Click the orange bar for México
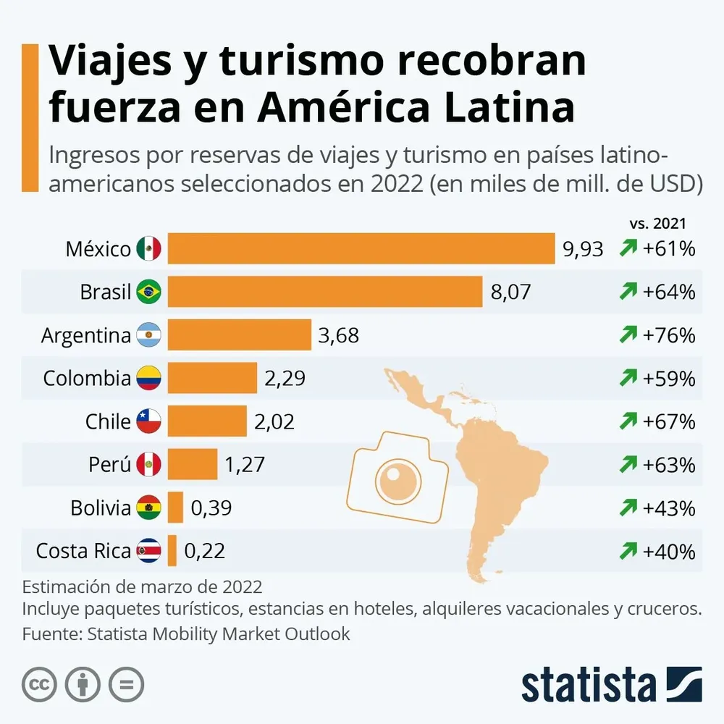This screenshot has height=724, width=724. tap(361, 249)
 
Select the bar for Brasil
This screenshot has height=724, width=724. tap(324, 292)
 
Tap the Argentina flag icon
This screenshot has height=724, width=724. tap(148, 335)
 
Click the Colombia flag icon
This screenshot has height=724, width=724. tap(148, 378)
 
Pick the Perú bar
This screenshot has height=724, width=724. tap(193, 464)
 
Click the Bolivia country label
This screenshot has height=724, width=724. tap(101, 508)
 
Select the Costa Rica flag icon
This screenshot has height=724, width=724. tap(148, 550)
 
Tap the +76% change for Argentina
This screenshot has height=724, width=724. tap(668, 335)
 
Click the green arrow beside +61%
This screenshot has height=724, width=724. tap(628, 249)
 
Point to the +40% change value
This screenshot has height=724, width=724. tap(668, 550)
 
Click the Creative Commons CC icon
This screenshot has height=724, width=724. tap(40, 683)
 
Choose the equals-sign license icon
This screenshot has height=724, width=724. tap(126, 683)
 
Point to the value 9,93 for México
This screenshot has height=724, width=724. tap(583, 249)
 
